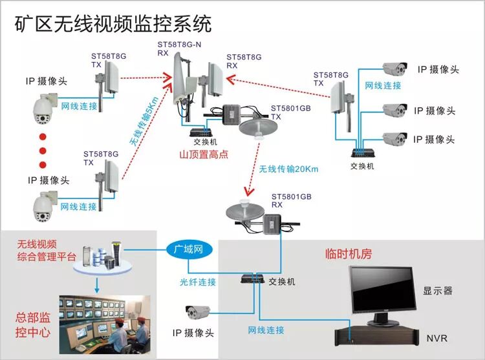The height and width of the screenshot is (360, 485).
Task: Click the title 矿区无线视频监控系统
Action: [113, 24]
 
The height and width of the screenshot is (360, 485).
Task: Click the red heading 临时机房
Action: [348, 255]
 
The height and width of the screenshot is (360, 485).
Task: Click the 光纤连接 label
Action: [198, 282]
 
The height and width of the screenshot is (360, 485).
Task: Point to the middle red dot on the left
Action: [43, 150]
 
